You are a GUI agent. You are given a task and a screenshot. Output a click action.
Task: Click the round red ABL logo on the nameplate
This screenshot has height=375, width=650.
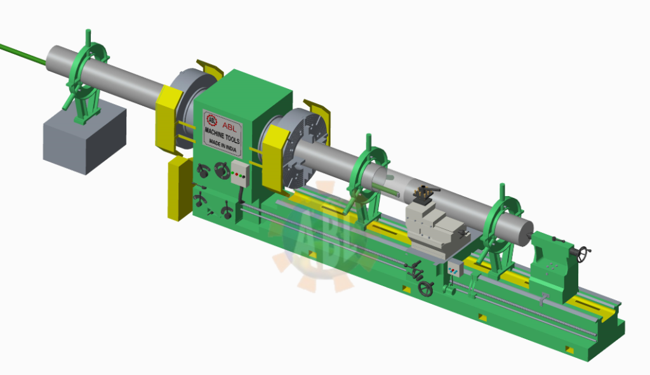coord(212,120)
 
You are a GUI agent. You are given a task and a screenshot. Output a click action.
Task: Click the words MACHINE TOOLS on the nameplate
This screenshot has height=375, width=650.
coord(222,136)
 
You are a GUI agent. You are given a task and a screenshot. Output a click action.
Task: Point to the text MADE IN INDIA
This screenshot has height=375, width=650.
coord(223,145)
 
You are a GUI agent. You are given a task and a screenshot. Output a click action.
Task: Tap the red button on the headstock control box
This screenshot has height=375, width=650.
coord(236,174)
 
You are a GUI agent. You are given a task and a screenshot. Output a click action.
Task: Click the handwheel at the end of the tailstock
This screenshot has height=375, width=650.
coord(584,254)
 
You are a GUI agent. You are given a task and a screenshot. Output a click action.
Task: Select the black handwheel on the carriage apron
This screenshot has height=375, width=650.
coord(426,289)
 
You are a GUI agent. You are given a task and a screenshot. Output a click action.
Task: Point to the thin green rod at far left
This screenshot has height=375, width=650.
coord(23,54)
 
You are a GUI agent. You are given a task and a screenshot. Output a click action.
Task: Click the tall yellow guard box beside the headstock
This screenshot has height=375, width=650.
coord(179,189)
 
